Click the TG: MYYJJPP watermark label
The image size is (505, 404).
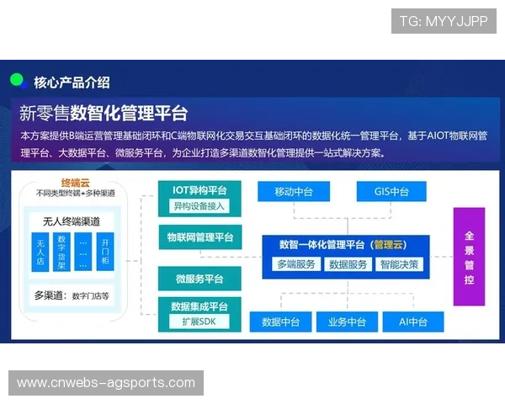444,21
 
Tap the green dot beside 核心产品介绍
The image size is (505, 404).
16,81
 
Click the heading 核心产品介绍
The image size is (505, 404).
72,82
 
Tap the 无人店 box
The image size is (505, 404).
40,252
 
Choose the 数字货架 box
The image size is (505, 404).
61,252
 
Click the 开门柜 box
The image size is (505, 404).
106,252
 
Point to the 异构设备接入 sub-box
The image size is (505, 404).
199,206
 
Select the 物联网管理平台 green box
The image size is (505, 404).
199,237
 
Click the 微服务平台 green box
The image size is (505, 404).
199,279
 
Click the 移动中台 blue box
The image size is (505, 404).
294,192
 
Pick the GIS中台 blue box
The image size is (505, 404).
391,192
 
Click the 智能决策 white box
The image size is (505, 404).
397,264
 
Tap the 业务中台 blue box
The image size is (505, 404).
346,322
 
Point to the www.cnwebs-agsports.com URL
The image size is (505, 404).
106,383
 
